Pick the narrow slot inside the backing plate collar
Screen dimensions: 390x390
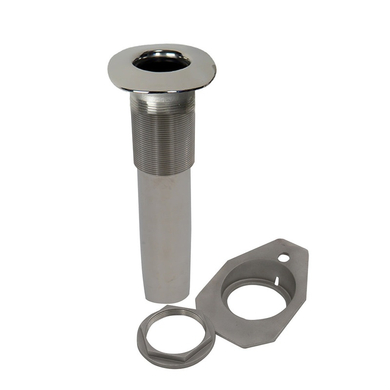(276, 280)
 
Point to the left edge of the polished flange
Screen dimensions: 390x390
(110, 68)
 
